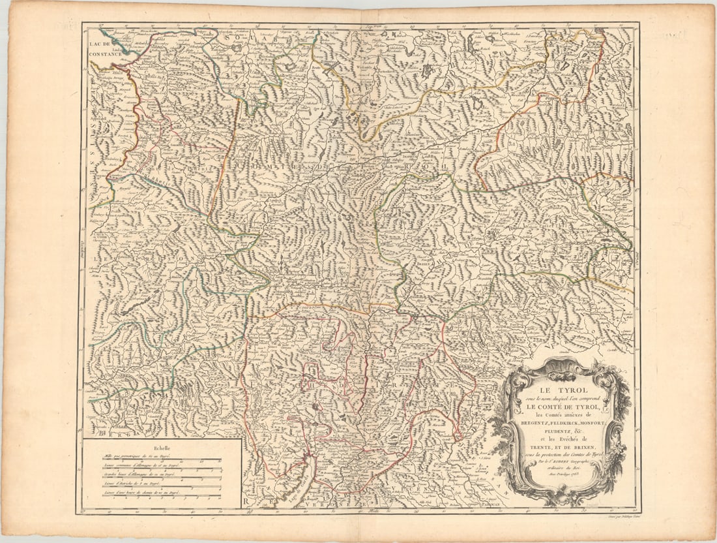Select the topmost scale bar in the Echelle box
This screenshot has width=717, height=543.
coord(162,461)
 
